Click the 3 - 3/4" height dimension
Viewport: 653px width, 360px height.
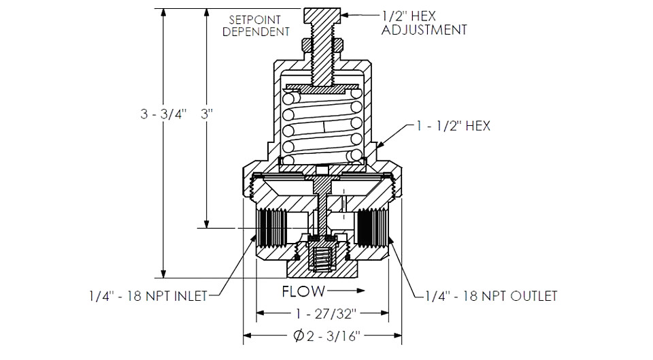[x=163, y=114]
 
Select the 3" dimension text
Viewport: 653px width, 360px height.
[x=207, y=114]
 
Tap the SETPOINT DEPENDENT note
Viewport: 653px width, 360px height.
[x=256, y=25]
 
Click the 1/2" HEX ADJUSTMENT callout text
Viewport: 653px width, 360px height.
[x=424, y=23]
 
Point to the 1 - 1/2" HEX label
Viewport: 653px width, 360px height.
[x=453, y=126]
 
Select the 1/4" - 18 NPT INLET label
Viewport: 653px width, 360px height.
[x=148, y=296]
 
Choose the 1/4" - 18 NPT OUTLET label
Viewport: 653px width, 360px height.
[x=491, y=296]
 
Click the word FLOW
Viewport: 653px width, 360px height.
[x=303, y=291]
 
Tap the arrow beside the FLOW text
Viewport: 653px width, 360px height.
[x=346, y=291]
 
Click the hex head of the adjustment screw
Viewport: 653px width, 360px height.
[x=322, y=16]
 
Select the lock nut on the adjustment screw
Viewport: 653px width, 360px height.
[x=322, y=44]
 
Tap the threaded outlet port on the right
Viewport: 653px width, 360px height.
[x=372, y=228]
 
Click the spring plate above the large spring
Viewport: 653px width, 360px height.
[x=322, y=88]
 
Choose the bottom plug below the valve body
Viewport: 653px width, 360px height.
[x=322, y=265]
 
